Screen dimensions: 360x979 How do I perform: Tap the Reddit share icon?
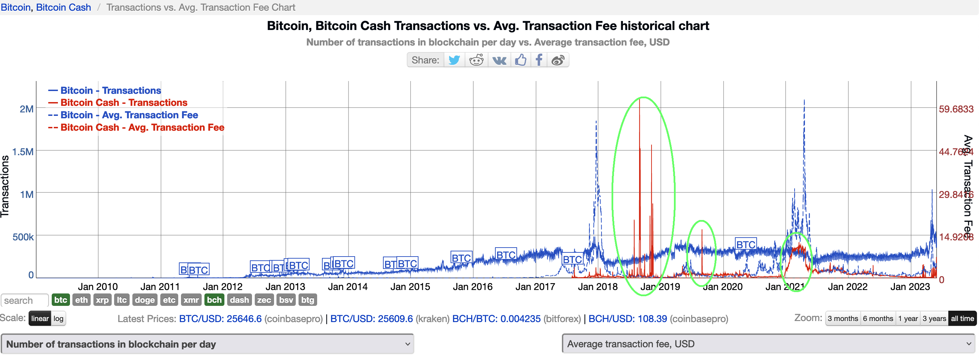pos(476,60)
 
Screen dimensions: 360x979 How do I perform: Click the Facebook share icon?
pos(538,60)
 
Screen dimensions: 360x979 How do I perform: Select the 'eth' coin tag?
pos(81,300)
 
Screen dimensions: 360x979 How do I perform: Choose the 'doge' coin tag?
pos(144,300)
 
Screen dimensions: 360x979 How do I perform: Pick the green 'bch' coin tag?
pos(214,300)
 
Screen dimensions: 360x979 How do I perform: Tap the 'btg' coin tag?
pos(307,300)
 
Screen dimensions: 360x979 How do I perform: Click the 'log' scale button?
pos(58,319)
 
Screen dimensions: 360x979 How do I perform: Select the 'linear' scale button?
pos(40,319)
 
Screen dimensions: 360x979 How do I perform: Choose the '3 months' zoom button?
pos(842,319)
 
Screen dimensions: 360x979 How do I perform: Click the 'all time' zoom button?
pos(962,319)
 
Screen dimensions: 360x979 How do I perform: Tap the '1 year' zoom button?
pos(908,319)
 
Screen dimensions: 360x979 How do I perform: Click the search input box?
pos(24,300)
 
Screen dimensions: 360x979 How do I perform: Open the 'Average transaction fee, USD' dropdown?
pos(768,344)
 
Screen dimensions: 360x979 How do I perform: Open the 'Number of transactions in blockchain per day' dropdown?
pos(207,344)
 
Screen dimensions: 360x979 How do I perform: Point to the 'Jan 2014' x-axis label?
pos(347,287)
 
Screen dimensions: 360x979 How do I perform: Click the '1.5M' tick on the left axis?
pos(23,152)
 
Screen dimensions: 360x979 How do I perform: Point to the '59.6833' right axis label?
pos(956,109)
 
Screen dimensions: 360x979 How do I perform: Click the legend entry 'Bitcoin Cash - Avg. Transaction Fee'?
pos(142,127)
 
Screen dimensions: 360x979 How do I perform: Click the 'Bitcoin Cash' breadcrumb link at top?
pos(63,7)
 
